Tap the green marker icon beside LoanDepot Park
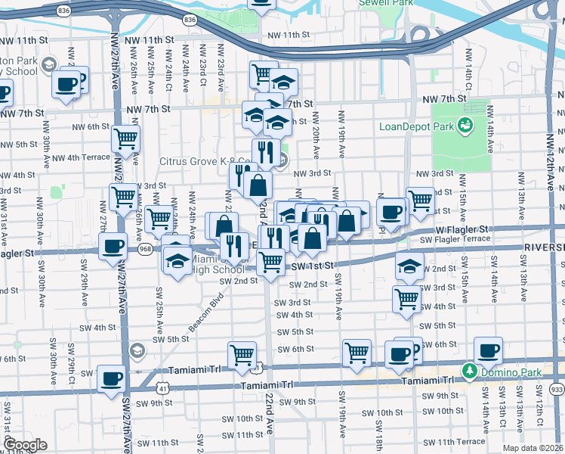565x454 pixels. (465, 126)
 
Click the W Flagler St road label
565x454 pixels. (463, 229)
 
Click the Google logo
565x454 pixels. (24, 444)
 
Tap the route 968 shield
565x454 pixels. (145, 247)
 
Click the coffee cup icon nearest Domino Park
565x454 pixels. (488, 350)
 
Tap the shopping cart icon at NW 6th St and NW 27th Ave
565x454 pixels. (125, 138)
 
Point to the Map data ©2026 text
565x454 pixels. (532, 448)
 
